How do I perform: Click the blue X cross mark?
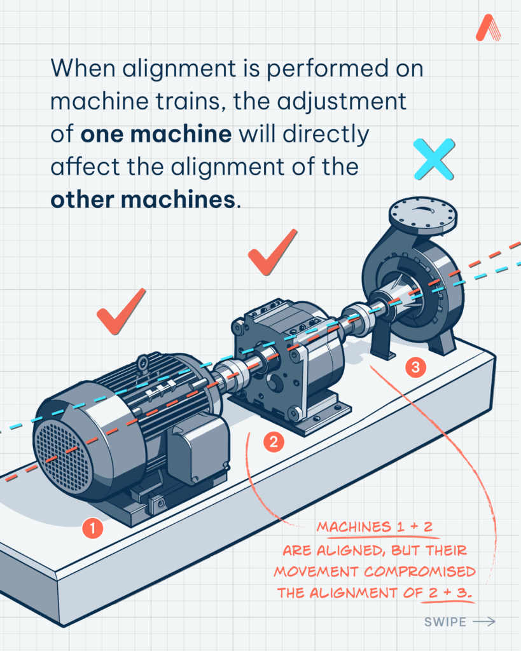(x=434, y=159)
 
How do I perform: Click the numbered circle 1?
(x=92, y=528)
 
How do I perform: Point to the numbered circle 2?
(x=274, y=442)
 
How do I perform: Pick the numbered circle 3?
(x=415, y=367)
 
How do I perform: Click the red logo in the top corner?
(x=488, y=28)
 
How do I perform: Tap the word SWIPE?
(x=445, y=622)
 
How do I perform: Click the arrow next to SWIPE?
(x=484, y=622)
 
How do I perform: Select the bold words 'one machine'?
(x=156, y=134)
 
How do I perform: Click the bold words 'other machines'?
(x=143, y=200)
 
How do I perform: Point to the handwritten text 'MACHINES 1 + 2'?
(x=374, y=527)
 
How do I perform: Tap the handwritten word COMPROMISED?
(x=420, y=572)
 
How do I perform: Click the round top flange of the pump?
(x=423, y=214)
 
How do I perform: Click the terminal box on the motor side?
(x=198, y=449)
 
